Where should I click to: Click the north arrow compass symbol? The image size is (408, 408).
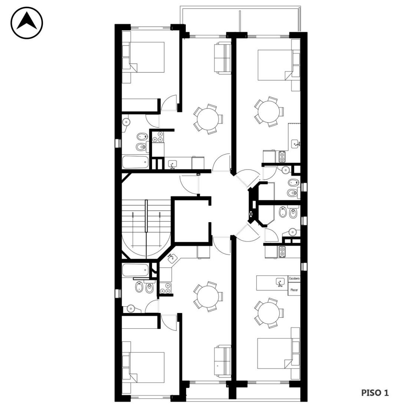pos(27,23)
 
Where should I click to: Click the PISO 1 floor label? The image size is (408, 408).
pos(375,393)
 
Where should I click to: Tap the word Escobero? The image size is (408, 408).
pos(294,279)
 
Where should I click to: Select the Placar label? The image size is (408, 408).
pos(294,290)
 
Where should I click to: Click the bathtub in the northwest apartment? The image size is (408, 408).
pos(135,162)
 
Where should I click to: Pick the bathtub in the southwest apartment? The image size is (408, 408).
pos(135,270)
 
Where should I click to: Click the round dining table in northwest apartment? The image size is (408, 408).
pos(208,119)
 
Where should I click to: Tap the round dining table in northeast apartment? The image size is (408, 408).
pos(269,112)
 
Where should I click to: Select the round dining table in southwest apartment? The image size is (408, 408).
pos(208,297)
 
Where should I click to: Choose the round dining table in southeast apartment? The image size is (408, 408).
pos(269,313)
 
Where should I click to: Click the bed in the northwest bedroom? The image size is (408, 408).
pos(147,57)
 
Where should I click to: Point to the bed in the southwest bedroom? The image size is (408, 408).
pos(147,368)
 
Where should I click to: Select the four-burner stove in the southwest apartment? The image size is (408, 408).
pos(165,288)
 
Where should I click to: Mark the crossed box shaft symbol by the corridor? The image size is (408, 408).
pos(251,214)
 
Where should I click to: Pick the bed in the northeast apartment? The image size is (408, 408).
pos(275,65)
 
